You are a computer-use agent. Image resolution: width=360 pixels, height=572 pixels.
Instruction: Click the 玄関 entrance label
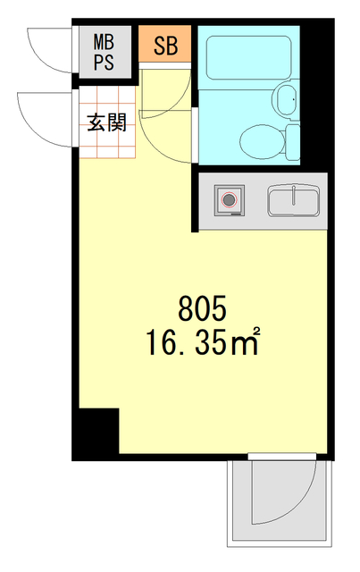(x=106, y=122)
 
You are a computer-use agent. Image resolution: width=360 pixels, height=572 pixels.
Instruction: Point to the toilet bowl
(x=262, y=139)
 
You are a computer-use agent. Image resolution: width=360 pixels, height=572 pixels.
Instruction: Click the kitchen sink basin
(x=293, y=200)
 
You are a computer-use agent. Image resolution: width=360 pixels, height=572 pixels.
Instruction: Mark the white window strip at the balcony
(x=280, y=457)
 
